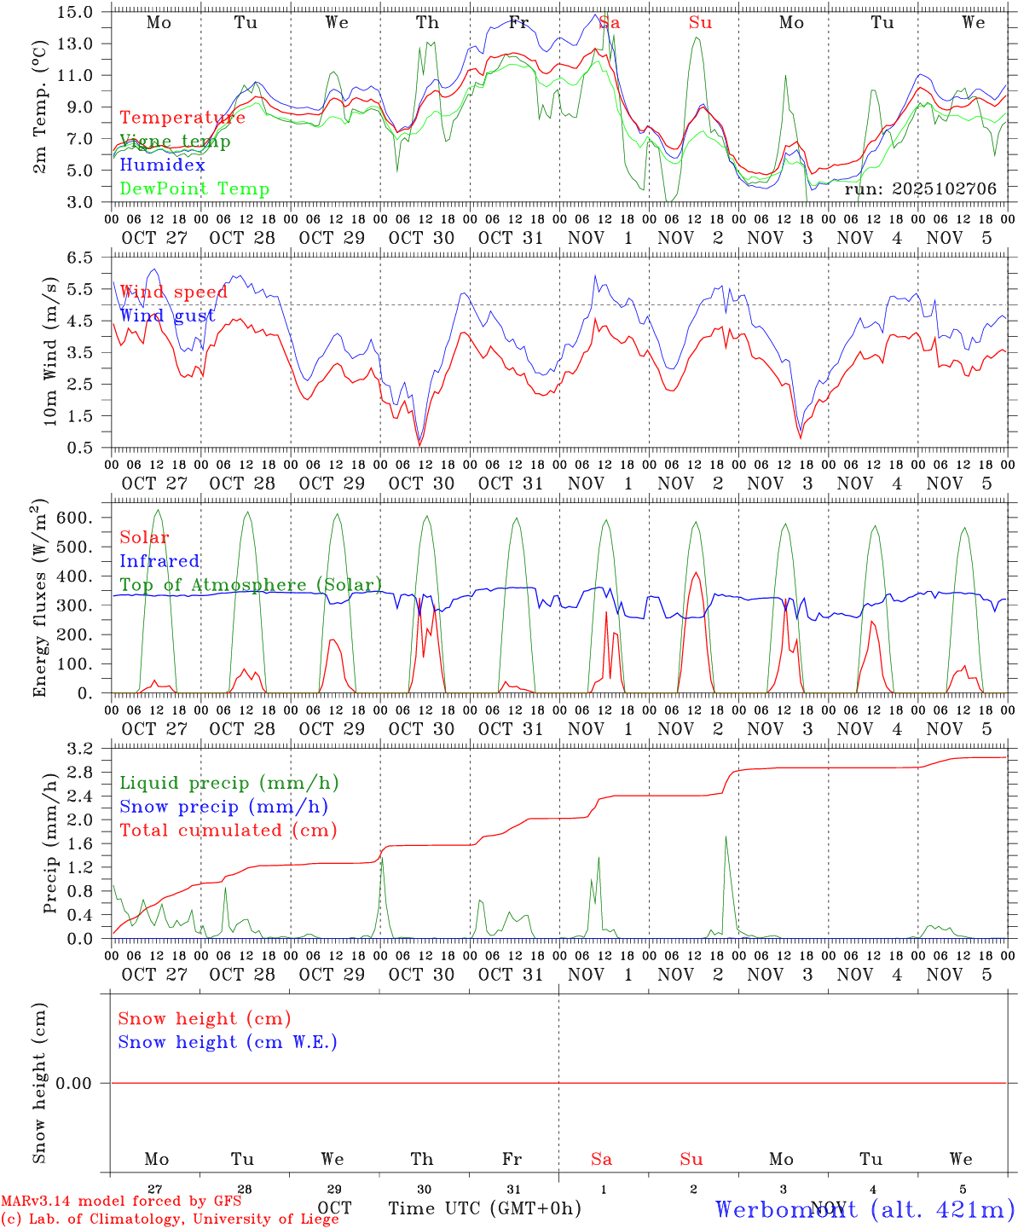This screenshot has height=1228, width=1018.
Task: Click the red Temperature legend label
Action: coord(182,118)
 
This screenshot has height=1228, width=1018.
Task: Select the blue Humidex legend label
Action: coord(162,165)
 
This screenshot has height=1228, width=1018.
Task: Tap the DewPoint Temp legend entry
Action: coord(194,188)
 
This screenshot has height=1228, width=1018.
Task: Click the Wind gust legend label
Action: coord(167,316)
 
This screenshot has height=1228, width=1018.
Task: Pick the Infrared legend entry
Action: coord(159,561)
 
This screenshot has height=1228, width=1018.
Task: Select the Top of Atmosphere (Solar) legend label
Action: coord(251,585)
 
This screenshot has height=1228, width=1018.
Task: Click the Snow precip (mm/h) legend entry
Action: coord(223,807)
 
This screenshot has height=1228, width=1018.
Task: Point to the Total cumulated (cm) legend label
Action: coord(228,831)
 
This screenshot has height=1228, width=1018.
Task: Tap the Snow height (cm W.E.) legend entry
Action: coord(228,1042)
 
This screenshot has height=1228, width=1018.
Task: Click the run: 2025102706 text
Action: coord(920,188)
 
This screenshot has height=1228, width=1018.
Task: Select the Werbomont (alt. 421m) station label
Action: coord(865,1208)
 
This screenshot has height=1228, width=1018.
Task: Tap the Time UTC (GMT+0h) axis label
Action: coord(485,1208)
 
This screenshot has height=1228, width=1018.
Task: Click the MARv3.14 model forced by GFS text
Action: coord(121,1201)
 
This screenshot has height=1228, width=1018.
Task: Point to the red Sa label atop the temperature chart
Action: coord(609,23)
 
